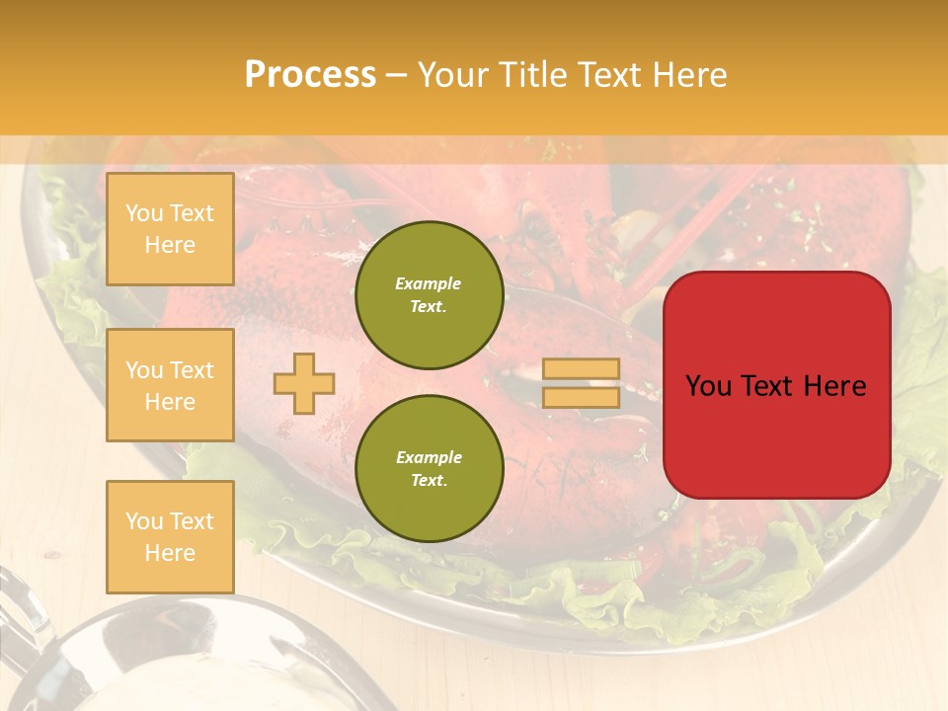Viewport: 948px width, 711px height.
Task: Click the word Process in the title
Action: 310,75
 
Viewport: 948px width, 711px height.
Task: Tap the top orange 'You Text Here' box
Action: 170,229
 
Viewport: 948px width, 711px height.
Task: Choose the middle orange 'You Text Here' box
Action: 170,385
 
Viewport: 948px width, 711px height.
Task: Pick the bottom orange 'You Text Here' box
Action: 170,536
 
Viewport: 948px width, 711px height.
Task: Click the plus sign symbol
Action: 304,383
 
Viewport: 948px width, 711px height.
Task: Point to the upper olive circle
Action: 429,295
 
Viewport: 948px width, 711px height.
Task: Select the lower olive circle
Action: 429,469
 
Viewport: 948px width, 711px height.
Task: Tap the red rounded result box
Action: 776,385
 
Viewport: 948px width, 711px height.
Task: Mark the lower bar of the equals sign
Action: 581,397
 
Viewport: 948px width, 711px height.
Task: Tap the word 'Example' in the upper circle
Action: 429,283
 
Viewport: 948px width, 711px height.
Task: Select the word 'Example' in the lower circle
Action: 429,457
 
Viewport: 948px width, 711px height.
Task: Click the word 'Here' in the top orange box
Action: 170,245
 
